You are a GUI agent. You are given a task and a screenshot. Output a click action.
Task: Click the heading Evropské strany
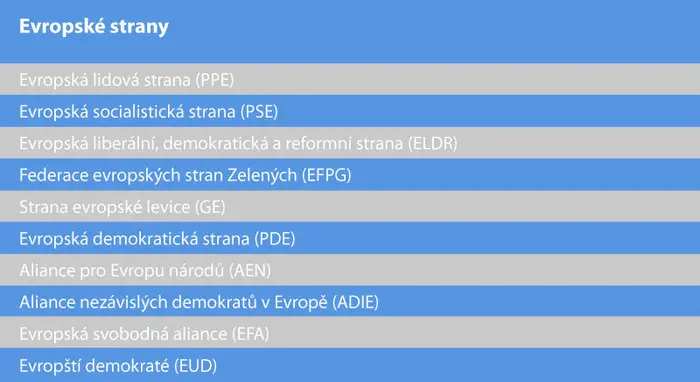[94, 27]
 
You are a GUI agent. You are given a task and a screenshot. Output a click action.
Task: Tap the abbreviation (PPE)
[215, 80]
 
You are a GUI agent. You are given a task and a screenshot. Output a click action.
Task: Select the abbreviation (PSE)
[259, 112]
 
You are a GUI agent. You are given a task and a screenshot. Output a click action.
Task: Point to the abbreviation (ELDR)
[433, 143]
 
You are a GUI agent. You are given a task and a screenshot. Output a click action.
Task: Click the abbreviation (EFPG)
[327, 175]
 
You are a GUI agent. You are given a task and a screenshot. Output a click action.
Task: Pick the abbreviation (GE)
[210, 207]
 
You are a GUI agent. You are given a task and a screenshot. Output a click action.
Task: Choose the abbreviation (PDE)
[275, 239]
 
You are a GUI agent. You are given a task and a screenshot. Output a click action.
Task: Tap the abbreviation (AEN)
[250, 270]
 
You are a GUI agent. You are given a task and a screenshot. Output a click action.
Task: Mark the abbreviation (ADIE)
[356, 302]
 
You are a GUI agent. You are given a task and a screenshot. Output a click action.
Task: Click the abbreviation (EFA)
[250, 334]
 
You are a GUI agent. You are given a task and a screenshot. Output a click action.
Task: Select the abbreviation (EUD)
[196, 366]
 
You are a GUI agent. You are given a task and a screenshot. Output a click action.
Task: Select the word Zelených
[262, 175]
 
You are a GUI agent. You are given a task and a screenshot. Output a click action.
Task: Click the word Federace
[54, 175]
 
